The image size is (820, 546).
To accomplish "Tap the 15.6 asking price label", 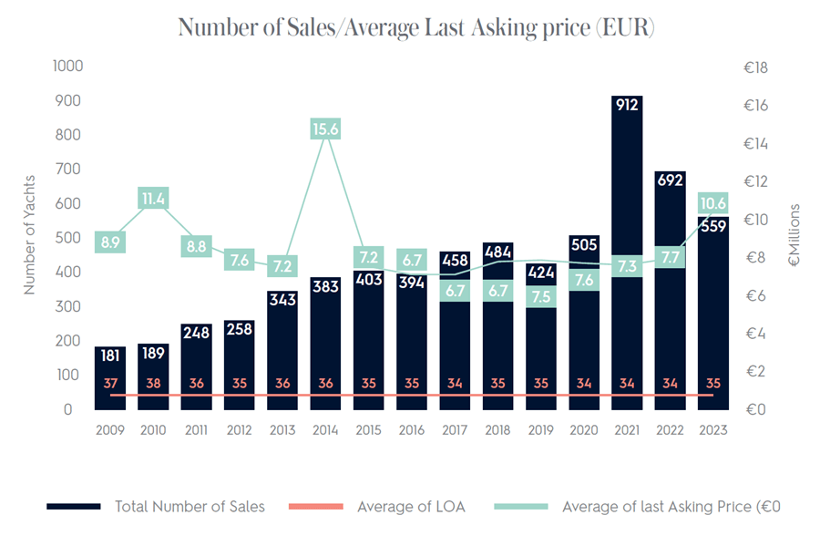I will click(325, 130).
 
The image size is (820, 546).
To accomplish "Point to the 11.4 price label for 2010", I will click(153, 198).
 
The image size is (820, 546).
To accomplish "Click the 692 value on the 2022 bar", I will click(670, 180).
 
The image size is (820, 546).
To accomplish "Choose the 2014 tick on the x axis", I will click(325, 429).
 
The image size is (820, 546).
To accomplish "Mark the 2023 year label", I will click(712, 429).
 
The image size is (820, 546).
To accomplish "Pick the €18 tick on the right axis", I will click(756, 67).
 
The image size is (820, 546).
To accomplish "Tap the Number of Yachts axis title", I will click(29, 235).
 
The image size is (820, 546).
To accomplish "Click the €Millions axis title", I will click(794, 235).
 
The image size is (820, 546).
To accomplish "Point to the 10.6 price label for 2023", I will click(712, 202).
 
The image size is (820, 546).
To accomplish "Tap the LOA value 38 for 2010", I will click(153, 384).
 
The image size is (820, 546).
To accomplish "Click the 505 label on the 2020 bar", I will click(584, 242).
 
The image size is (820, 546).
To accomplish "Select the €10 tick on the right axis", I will click(756, 220).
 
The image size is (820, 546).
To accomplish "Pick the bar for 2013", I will click(282, 351).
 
